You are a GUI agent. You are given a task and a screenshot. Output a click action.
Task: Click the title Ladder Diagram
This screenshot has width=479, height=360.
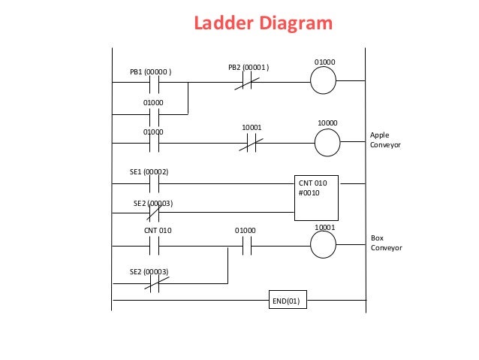(263, 23)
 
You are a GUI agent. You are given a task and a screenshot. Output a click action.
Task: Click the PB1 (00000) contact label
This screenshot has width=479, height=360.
(151, 72)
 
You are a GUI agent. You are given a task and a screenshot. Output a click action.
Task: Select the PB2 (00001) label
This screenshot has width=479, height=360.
(249, 68)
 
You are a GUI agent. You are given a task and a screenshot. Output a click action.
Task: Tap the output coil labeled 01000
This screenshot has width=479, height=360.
(324, 81)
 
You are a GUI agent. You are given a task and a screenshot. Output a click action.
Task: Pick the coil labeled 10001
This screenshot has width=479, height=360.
(324, 245)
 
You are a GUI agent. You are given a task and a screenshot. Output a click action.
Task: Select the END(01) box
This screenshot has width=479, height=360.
(288, 302)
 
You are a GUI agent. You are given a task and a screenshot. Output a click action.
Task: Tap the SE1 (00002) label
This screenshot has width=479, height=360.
(150, 172)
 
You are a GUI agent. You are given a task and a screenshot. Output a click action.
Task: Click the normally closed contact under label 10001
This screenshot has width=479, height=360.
(250, 143)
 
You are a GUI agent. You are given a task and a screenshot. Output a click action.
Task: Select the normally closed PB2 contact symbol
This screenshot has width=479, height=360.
(248, 81)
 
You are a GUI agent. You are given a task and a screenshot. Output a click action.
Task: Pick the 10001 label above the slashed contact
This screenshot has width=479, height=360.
(252, 128)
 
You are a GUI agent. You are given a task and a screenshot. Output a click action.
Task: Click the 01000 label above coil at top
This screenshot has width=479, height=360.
(324, 62)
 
